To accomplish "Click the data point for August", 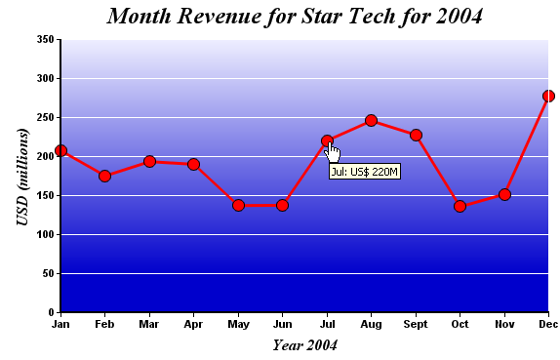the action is point(371,121).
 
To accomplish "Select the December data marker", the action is point(548,96).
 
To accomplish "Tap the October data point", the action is point(460,207).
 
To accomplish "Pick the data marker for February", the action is point(105,176).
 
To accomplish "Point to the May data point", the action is point(239,205).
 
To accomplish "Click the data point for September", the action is point(416,136).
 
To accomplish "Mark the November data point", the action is point(504,195).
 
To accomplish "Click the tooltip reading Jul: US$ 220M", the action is point(365,172).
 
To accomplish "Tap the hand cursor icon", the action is point(333,152).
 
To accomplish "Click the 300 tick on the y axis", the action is point(45,78).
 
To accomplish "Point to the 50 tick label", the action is point(48,273).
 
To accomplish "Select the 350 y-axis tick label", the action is point(45,39).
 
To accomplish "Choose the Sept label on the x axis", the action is point(416,325).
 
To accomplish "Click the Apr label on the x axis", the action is point(193,325).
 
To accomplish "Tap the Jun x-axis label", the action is point(283,324).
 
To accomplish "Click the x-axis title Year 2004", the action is point(305,345).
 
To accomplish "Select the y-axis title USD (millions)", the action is point(22,177).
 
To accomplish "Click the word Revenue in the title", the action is point(219,17).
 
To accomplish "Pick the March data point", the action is point(149,162).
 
